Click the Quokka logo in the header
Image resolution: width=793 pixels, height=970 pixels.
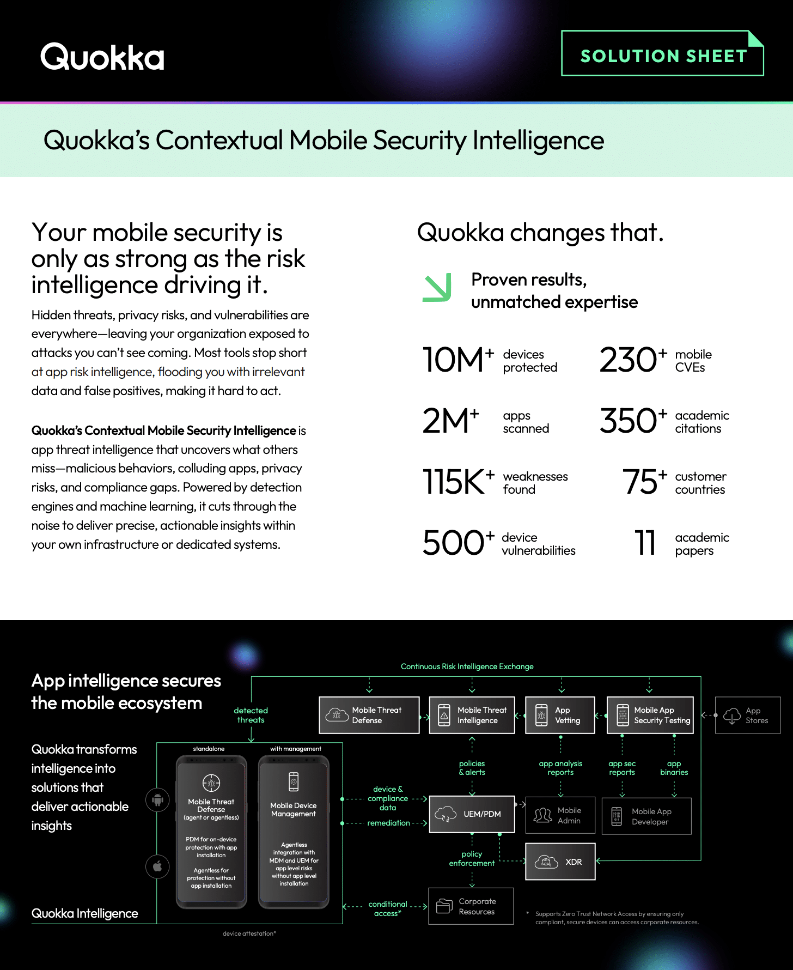[102, 57]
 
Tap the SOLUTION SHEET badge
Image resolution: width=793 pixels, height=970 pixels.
[662, 53]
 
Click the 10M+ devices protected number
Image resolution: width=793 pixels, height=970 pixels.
[458, 360]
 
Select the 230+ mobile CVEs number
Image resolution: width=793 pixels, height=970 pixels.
[633, 360]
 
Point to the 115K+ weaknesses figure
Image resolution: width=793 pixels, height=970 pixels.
[459, 482]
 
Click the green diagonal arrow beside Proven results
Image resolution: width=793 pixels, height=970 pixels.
[437, 287]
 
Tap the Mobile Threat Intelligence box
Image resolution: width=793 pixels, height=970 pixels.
[472, 715]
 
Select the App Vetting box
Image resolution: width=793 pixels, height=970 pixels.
[560, 715]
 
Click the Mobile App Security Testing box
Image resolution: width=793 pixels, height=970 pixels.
[650, 715]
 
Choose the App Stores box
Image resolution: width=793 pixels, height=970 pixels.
[748, 715]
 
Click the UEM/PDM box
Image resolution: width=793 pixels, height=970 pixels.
[472, 814]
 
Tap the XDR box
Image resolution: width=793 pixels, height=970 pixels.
[560, 862]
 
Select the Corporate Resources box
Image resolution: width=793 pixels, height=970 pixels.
[471, 906]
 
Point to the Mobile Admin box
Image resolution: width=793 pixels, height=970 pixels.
[560, 815]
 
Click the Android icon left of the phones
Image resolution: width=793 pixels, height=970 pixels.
[158, 800]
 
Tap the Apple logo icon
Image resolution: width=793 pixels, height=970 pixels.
[158, 866]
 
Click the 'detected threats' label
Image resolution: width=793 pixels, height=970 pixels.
[251, 715]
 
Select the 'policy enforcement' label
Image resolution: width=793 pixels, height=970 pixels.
[472, 858]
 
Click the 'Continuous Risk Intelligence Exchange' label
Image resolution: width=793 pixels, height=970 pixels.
[467, 666]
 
